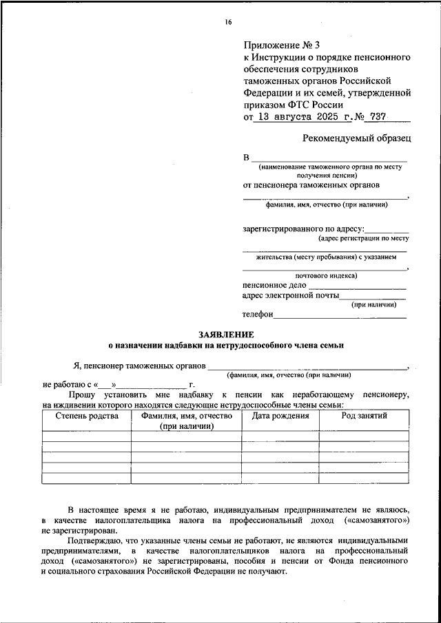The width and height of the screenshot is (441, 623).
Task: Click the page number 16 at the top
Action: tap(228, 21)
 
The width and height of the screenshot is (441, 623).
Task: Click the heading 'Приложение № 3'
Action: tap(281, 45)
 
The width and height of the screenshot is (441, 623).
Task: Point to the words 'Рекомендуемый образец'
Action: tap(357, 138)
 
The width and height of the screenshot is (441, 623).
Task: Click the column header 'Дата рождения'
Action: tap(280, 416)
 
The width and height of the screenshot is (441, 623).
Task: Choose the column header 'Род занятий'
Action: tap(364, 416)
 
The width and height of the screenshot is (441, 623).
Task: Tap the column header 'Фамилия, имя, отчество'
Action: tap(186, 416)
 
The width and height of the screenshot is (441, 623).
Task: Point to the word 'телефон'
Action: tap(258, 315)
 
